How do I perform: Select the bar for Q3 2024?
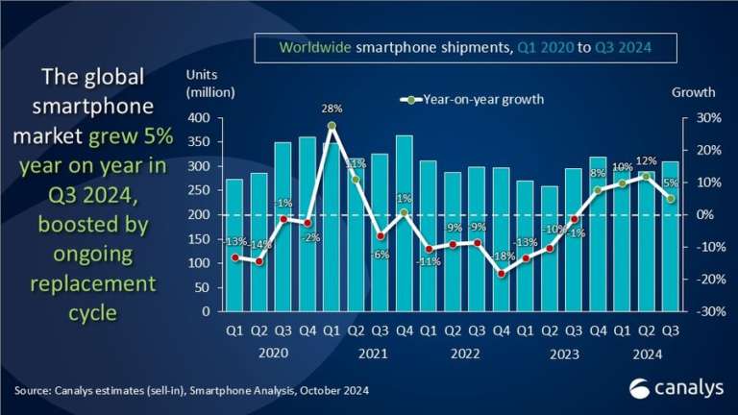(x=669, y=236)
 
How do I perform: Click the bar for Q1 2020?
(x=234, y=245)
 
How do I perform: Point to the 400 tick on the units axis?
(x=199, y=118)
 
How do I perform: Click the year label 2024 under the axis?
(x=644, y=354)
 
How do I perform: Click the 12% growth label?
(x=645, y=160)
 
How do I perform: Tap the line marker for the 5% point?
(x=669, y=199)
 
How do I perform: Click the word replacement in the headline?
(x=91, y=284)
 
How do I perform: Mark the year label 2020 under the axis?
(x=272, y=354)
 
